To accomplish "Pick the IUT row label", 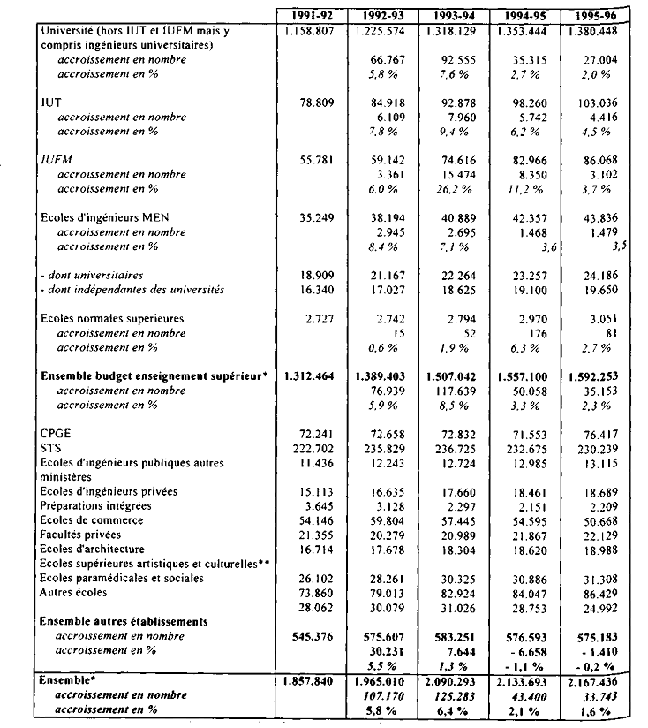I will click(x=51, y=102).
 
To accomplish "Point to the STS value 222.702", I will click(x=313, y=448).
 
